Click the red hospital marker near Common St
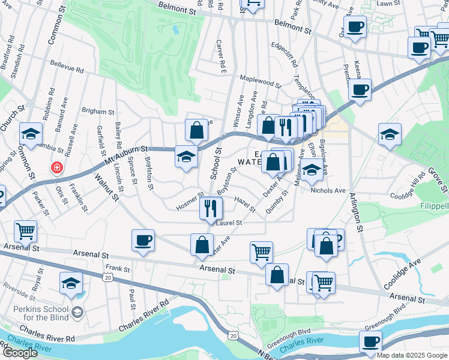click(57, 168)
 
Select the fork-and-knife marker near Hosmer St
click(210, 208)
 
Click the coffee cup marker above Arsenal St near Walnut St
click(143, 241)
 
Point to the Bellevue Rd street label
click(67, 68)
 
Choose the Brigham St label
click(98, 112)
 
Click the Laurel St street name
click(229, 223)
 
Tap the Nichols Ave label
click(329, 190)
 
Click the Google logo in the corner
click(19, 353)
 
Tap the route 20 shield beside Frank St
click(107, 278)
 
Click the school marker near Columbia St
click(31, 134)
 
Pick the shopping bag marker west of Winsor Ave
click(196, 130)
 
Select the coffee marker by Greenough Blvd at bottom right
click(371, 342)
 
